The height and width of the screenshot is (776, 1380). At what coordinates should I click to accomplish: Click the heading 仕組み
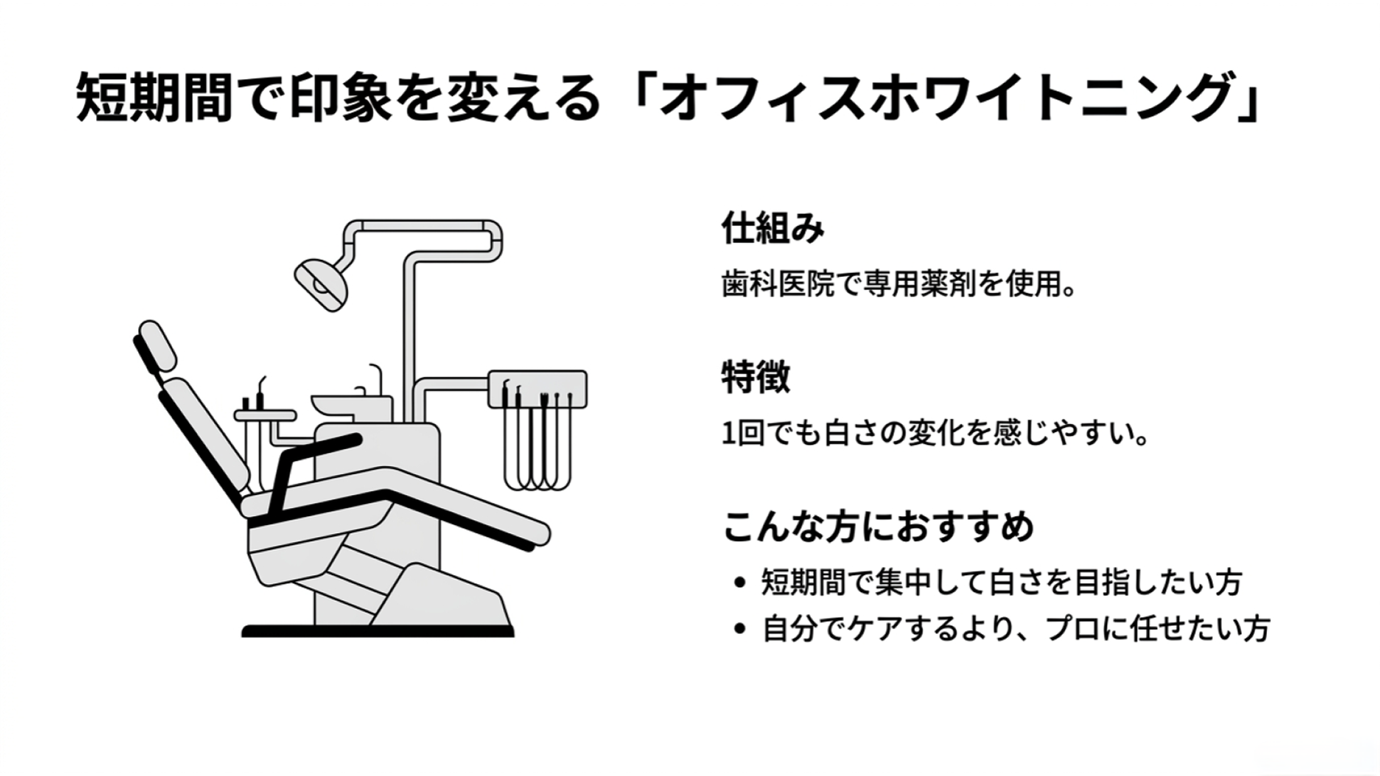[x=773, y=228]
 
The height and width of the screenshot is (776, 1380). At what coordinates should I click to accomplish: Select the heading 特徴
[x=756, y=377]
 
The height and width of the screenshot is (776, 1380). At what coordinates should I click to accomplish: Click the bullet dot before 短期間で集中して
[x=741, y=583]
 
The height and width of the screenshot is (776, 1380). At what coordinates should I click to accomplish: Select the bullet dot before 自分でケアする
[x=741, y=629]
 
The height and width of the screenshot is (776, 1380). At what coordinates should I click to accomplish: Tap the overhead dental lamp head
[x=321, y=284]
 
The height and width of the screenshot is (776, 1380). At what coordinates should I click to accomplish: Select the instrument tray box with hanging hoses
[x=537, y=389]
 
